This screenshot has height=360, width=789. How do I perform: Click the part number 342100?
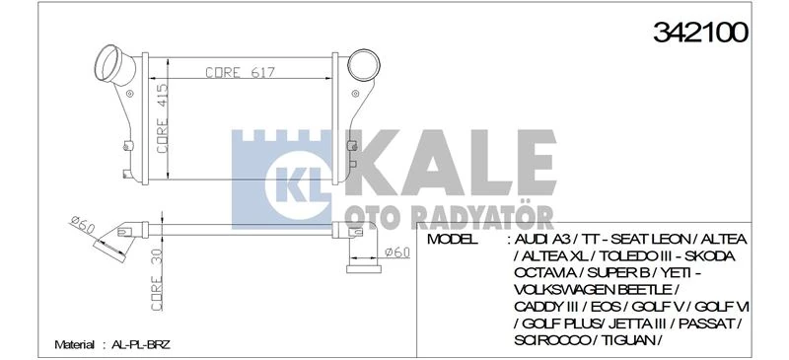coord(700,33)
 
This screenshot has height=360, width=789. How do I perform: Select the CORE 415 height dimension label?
coord(162,117)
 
